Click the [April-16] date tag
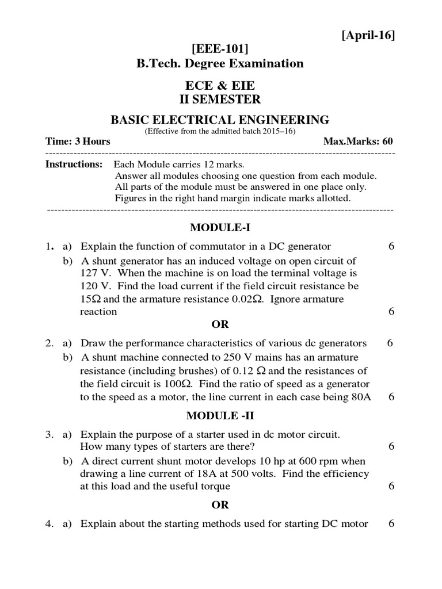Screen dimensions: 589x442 368,36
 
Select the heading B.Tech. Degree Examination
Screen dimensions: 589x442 219,63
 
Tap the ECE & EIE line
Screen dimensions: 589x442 219,86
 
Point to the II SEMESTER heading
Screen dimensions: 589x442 219,100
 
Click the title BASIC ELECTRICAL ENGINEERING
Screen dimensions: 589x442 219,120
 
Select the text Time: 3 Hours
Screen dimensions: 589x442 78,141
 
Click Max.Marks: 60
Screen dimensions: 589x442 358,141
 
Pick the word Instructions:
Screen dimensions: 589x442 74,165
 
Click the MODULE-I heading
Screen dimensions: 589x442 220,227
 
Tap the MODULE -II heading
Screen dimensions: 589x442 220,416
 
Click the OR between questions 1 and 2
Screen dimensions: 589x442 220,324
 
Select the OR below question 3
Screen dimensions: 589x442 220,504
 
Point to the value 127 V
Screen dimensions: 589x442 92,273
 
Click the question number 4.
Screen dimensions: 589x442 49,523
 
